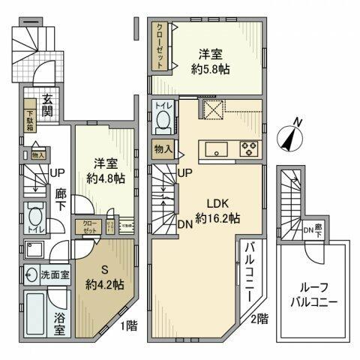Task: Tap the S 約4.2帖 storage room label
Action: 105,277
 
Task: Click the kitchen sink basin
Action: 215,148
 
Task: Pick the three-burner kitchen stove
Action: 247,148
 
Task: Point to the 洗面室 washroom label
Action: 55,274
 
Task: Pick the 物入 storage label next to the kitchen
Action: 163,148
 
